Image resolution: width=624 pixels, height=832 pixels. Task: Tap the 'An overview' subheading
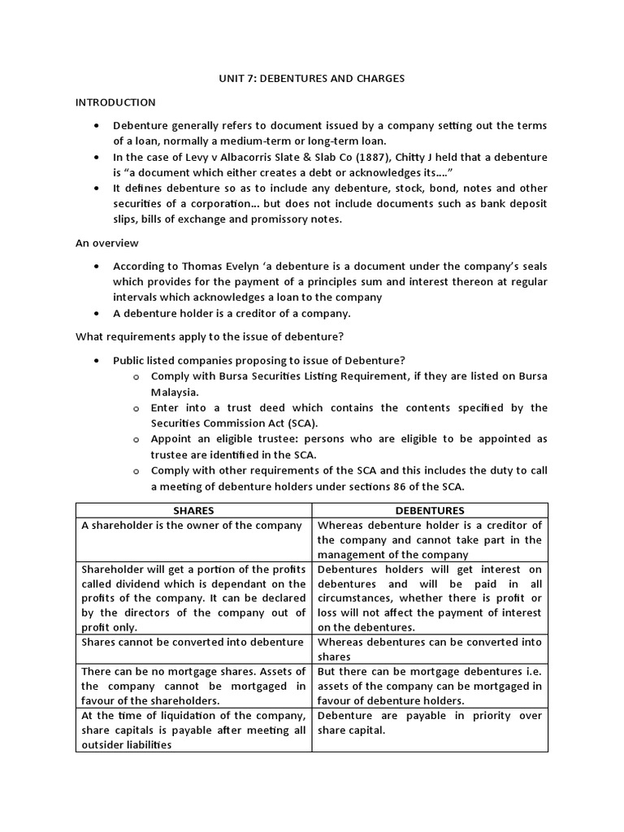tap(107, 243)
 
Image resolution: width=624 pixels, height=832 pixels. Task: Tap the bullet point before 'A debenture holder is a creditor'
tap(97, 313)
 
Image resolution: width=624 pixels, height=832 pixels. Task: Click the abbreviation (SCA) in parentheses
tap(302, 423)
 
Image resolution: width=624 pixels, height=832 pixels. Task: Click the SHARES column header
tap(194, 510)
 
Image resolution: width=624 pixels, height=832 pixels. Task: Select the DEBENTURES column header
tap(430, 510)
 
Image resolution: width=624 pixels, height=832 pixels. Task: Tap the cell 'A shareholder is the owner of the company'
tap(192, 526)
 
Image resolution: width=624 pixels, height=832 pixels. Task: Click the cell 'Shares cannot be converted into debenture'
tap(193, 642)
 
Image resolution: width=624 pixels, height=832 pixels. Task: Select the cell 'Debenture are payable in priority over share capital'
tap(430, 723)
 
